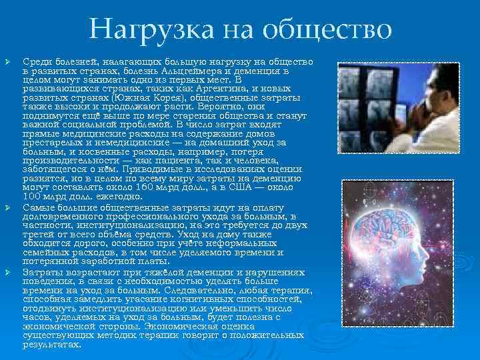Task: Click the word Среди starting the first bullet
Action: (x=35, y=61)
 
